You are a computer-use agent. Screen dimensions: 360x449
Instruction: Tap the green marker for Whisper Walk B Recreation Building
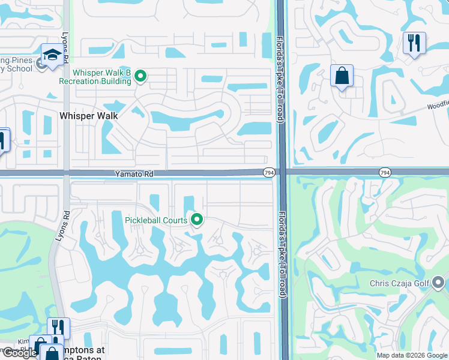(140, 76)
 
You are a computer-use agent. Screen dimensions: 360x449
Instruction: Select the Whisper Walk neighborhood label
(88, 115)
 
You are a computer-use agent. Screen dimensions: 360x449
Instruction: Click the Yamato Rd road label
(134, 173)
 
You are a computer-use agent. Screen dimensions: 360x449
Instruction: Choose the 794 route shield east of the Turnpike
(385, 173)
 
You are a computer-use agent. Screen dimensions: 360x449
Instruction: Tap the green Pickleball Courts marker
(197, 220)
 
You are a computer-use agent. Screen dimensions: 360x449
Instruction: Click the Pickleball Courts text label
(156, 220)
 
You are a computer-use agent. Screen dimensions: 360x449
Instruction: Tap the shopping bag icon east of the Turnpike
(342, 76)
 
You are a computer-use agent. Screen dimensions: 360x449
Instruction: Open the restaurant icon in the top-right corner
(414, 43)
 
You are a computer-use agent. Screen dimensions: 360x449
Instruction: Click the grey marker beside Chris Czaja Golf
(439, 281)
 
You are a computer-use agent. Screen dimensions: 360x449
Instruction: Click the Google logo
(19, 353)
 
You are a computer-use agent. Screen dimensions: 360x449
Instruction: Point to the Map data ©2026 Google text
(412, 355)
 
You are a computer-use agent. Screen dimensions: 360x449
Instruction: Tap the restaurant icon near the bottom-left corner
(58, 327)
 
